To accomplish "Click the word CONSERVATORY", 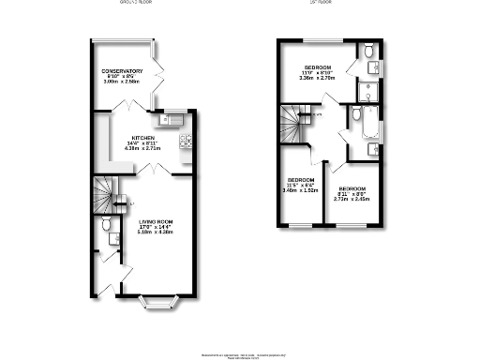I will (x=122, y=71).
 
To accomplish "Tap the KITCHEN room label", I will (x=143, y=136).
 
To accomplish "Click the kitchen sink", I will (x=172, y=119).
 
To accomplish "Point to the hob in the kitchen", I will (x=186, y=142).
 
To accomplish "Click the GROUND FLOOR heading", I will (x=137, y=4).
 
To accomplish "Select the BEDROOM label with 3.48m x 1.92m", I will (x=301, y=179).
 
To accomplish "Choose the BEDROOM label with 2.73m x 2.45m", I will (x=353, y=188).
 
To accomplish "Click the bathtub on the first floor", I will (x=359, y=121).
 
